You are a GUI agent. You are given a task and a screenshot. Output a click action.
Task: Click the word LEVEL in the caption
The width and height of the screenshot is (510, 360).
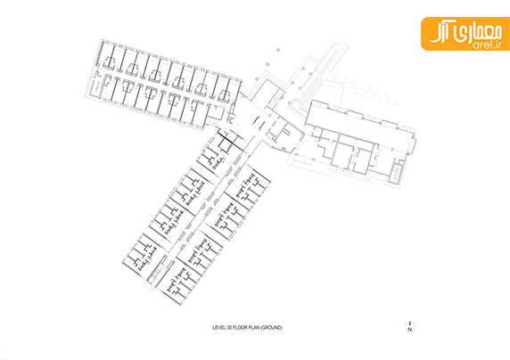(x=219, y=328)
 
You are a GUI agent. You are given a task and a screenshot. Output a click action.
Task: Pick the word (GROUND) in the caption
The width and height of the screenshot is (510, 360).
(x=271, y=328)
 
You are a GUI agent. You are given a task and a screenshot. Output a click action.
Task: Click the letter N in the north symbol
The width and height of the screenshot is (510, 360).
(x=410, y=330)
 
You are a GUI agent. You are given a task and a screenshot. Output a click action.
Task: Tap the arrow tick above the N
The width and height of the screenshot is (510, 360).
(x=410, y=323)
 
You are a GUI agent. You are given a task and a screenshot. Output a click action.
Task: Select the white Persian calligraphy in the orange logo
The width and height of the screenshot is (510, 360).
(x=461, y=33)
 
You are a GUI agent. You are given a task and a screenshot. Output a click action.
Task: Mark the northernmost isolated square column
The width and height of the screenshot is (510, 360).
(x=278, y=50)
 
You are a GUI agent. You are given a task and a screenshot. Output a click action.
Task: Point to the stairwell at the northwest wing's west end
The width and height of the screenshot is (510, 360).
(x=96, y=86)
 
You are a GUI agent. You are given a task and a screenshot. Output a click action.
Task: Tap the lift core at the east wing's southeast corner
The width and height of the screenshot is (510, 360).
(x=397, y=171)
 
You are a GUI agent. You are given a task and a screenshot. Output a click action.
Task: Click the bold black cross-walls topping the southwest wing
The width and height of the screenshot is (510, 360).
(x=230, y=138)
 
